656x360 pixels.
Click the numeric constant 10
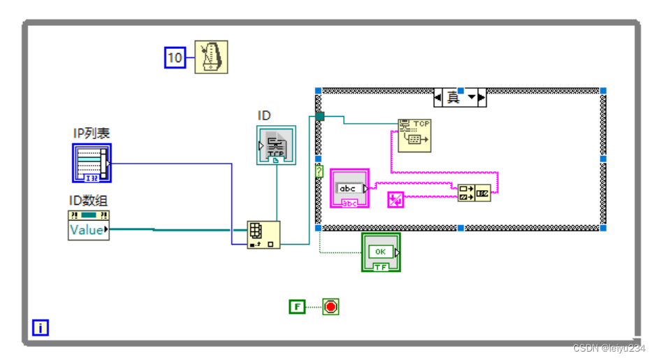coord(175,57)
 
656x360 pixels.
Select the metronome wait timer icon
coord(212,57)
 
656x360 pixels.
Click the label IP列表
coord(92,134)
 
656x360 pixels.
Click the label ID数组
coord(88,201)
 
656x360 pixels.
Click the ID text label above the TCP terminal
coord(264,115)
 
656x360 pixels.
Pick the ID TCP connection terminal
coord(276,145)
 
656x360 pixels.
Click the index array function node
coord(263,235)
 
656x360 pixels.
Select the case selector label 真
coord(453,98)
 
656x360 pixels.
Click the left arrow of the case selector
coord(439,98)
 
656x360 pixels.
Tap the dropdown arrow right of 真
coord(473,98)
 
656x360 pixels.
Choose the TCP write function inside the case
coord(414,135)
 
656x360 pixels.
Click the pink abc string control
coord(349,188)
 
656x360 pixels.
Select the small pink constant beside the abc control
coord(395,200)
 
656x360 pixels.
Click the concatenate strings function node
coord(474,193)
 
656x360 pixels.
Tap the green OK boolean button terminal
coord(381,252)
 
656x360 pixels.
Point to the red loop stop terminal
coord(330,306)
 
